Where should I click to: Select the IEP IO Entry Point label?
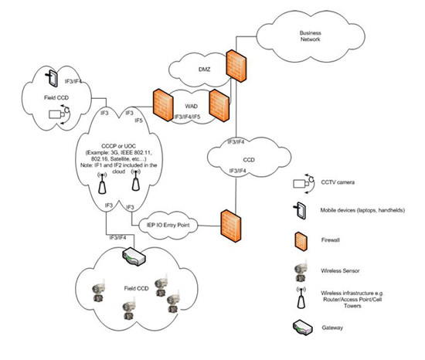tap(175, 224)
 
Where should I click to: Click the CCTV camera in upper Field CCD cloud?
tap(60, 113)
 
